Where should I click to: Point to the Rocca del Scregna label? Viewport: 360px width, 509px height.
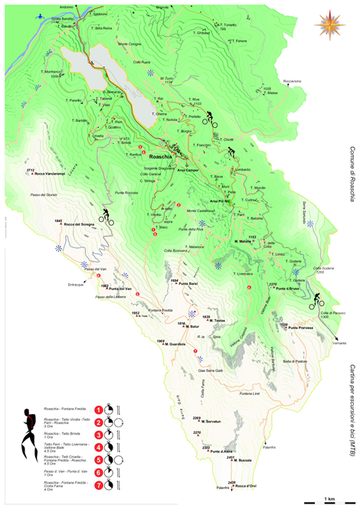80,224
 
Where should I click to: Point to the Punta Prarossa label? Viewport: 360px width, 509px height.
294,327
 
